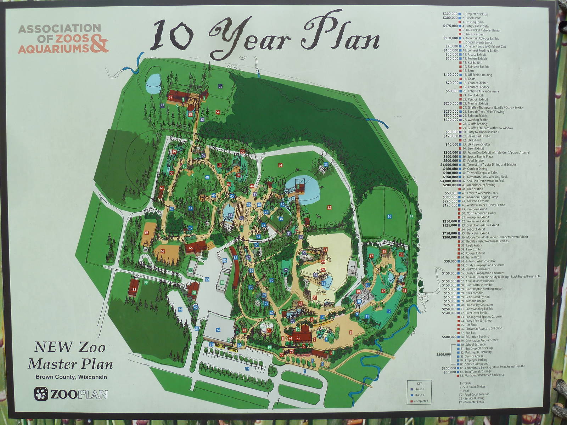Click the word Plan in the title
tap(340, 34)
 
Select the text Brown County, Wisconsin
tap(71, 377)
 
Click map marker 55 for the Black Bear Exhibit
tap(220, 86)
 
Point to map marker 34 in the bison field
tap(280, 165)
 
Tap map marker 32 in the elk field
tap(329, 207)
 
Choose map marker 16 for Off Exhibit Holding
tap(389, 216)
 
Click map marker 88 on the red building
tap(134, 289)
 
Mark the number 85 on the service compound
tap(207, 279)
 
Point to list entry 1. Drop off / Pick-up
tap(477, 14)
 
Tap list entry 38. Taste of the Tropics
tap(489, 165)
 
